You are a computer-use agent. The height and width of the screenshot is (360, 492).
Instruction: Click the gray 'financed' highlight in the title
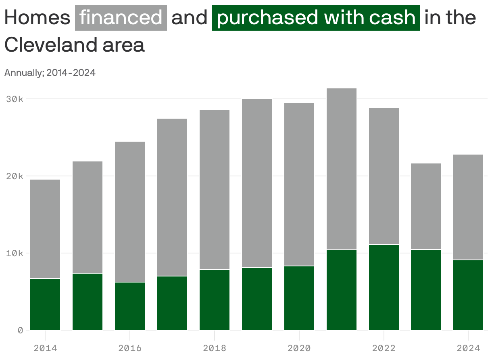point(121,18)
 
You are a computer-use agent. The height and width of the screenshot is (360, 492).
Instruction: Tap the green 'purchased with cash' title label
point(316,18)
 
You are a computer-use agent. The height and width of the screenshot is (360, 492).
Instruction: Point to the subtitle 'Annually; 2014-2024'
point(50,73)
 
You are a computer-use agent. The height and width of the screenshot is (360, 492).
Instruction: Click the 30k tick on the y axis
point(15,99)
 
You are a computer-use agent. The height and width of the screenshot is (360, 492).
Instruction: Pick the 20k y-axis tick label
point(15,176)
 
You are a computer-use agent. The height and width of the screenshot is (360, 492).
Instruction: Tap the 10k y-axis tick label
point(15,253)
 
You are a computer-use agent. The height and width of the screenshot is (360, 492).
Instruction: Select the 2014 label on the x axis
point(45,348)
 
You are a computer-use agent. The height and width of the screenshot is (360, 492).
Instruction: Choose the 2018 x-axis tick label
point(215,348)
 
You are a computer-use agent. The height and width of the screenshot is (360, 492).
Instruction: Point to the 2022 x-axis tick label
point(384,348)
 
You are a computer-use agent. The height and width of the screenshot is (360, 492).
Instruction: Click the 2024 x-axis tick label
point(468,348)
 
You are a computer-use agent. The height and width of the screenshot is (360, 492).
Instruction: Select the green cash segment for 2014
point(45,304)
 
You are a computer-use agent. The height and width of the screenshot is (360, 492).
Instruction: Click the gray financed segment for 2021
point(342,169)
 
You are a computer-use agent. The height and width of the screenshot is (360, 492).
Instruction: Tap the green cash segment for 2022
point(384,287)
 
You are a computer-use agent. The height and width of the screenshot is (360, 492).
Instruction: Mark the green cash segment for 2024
point(468,295)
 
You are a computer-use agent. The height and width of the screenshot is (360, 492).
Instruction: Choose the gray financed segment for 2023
point(426,206)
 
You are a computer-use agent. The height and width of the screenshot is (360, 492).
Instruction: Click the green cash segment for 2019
point(257,299)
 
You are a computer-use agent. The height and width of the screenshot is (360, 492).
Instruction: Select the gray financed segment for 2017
point(172,197)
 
